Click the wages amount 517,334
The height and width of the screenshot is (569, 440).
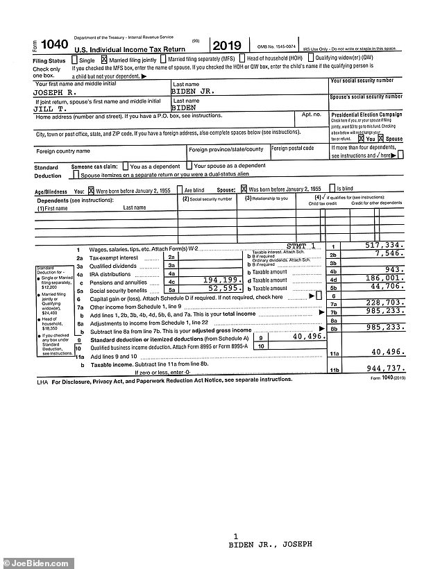(381, 245)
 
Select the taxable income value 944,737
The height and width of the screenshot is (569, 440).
(380, 368)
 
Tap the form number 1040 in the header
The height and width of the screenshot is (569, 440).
(54, 45)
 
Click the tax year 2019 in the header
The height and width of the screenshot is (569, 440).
(226, 46)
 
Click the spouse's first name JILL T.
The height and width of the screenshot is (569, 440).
(50, 108)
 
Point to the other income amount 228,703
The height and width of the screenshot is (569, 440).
(381, 303)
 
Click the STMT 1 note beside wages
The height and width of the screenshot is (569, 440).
(301, 246)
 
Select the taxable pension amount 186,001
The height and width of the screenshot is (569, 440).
(381, 278)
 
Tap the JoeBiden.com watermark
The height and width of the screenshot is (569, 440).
(26, 561)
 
